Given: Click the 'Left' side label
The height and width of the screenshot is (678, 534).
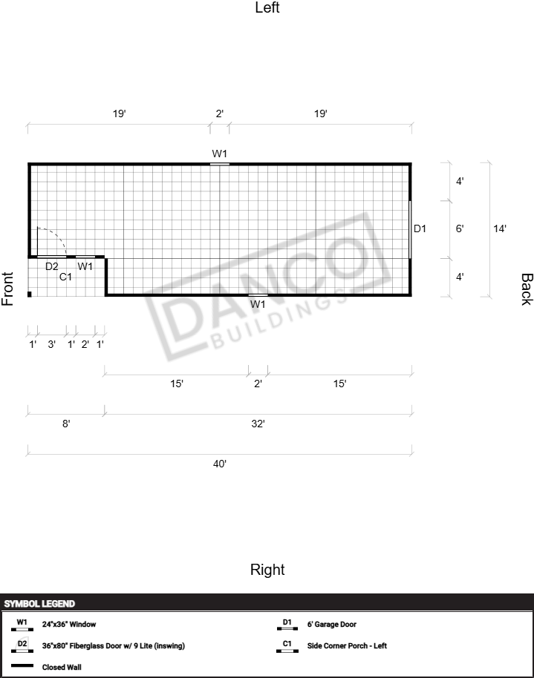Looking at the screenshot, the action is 267,7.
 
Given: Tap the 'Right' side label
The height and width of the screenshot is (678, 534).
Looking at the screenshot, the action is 267,570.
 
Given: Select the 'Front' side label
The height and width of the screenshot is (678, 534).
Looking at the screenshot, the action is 7,289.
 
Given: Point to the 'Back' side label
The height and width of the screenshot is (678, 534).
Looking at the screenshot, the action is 527,289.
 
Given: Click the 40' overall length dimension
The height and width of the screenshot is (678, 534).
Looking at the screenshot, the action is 220,464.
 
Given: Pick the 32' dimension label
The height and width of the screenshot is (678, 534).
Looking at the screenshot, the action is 258,424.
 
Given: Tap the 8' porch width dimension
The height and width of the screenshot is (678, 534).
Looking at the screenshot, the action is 66,424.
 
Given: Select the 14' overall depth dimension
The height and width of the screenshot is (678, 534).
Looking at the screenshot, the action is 500,228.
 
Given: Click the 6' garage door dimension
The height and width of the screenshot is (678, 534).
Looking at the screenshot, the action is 460,228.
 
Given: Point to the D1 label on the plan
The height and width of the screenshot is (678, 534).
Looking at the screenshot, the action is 420,228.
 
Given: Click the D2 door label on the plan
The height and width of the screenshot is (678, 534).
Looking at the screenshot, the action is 52,266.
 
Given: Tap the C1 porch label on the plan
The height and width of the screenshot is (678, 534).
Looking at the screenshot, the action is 65,277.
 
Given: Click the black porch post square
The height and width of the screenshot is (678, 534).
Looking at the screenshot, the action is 30,294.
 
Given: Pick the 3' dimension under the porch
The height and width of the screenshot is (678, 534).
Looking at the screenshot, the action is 51,345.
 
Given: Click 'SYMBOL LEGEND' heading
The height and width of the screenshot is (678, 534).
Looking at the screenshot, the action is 39,604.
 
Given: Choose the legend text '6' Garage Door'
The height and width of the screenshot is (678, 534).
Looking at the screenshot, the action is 332,625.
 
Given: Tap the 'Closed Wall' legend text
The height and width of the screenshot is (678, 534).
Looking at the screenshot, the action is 62,667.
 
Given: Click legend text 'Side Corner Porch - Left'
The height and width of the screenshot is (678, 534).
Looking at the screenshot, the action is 347,645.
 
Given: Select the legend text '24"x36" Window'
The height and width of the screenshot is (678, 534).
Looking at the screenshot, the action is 69,625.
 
